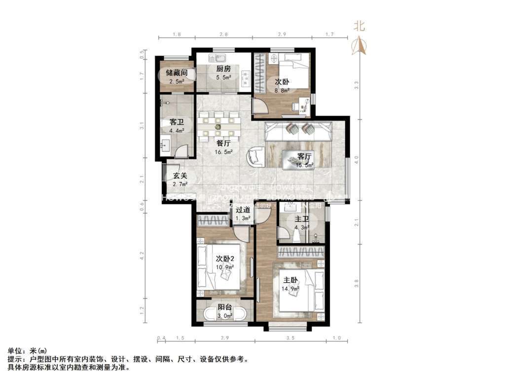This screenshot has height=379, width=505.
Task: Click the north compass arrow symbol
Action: [x=361, y=46]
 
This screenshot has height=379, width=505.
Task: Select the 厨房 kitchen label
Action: [x=223, y=70]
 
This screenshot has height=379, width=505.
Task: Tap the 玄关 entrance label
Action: [x=180, y=175]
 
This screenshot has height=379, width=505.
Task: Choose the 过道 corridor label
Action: [x=242, y=210]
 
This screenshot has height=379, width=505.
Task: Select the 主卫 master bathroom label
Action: [x=302, y=219]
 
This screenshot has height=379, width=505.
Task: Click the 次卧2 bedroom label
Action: [x=224, y=259]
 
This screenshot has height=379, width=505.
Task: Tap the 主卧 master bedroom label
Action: [x=291, y=280]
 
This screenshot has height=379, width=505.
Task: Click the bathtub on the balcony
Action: [x=225, y=314]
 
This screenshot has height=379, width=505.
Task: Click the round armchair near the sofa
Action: [x=256, y=157]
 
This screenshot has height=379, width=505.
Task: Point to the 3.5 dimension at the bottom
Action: [x=291, y=338]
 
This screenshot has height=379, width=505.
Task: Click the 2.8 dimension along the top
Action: [x=223, y=35]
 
